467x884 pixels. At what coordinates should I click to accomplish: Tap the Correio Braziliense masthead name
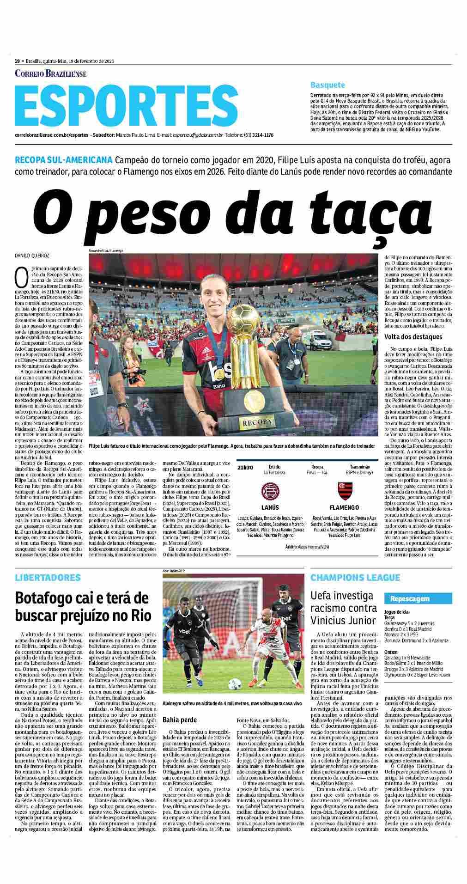[x=51, y=73]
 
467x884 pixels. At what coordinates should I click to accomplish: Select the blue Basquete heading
[x=328, y=85]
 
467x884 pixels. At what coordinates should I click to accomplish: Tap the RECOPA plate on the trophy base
[x=253, y=422]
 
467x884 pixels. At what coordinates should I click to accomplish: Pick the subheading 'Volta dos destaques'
[x=413, y=337]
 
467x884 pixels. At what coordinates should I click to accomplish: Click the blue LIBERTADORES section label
[x=48, y=578]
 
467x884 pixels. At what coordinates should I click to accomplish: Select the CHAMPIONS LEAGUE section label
[x=355, y=578]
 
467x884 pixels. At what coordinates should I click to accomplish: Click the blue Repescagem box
[x=410, y=599]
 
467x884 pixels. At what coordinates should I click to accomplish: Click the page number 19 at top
[x=17, y=61]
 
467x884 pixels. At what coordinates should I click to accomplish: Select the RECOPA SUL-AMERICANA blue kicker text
[x=63, y=160]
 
